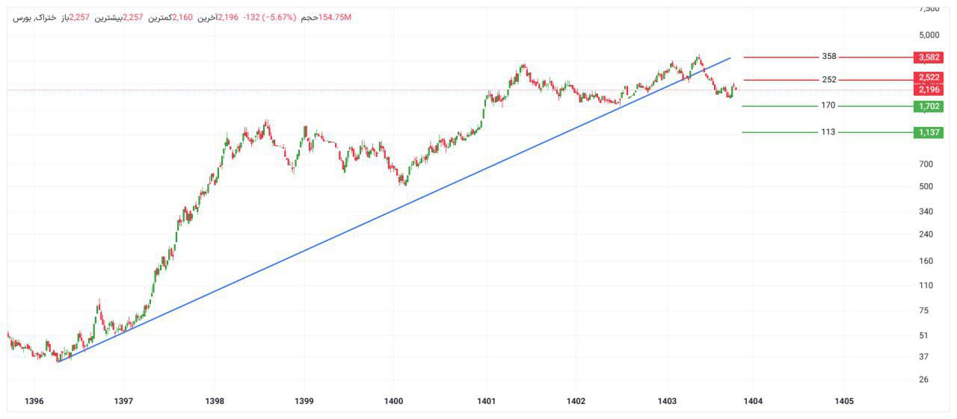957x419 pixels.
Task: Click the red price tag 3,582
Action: [929, 58]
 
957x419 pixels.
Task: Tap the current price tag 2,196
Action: [929, 90]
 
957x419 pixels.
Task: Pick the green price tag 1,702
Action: [929, 107]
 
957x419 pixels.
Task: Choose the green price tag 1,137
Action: [929, 133]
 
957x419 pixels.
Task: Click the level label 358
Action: [829, 57]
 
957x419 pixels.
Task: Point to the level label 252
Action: [829, 80]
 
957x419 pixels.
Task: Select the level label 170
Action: [828, 106]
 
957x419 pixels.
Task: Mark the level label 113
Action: [828, 132]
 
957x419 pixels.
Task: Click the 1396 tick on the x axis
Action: [34, 401]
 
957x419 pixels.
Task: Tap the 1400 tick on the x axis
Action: [394, 401]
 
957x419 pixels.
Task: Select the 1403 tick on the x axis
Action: [668, 401]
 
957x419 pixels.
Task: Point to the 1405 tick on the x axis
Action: [844, 401]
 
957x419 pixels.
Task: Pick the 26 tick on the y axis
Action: [924, 379]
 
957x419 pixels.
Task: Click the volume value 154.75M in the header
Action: [334, 17]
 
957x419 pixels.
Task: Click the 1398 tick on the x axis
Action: [215, 401]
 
